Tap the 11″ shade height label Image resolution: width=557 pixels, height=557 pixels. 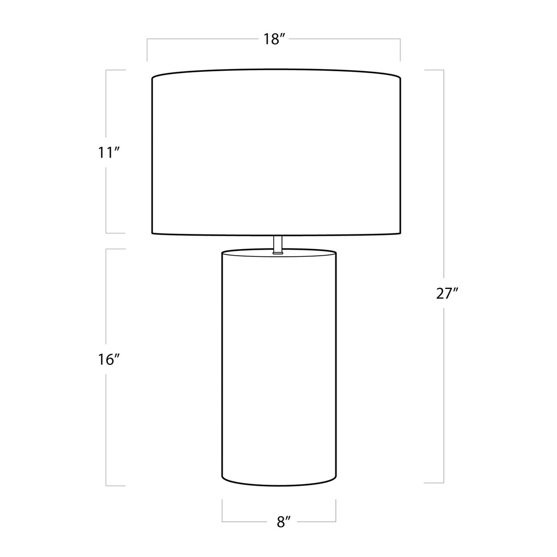point(108,153)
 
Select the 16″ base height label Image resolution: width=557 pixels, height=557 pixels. point(108,360)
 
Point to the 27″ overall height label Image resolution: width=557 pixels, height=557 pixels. point(447,293)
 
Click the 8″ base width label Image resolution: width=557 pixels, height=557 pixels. point(284,522)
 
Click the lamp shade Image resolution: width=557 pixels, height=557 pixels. point(277,152)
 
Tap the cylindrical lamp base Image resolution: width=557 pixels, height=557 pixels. point(279,367)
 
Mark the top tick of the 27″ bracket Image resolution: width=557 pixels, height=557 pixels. point(434,70)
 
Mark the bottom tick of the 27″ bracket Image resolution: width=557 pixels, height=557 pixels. point(434,483)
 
